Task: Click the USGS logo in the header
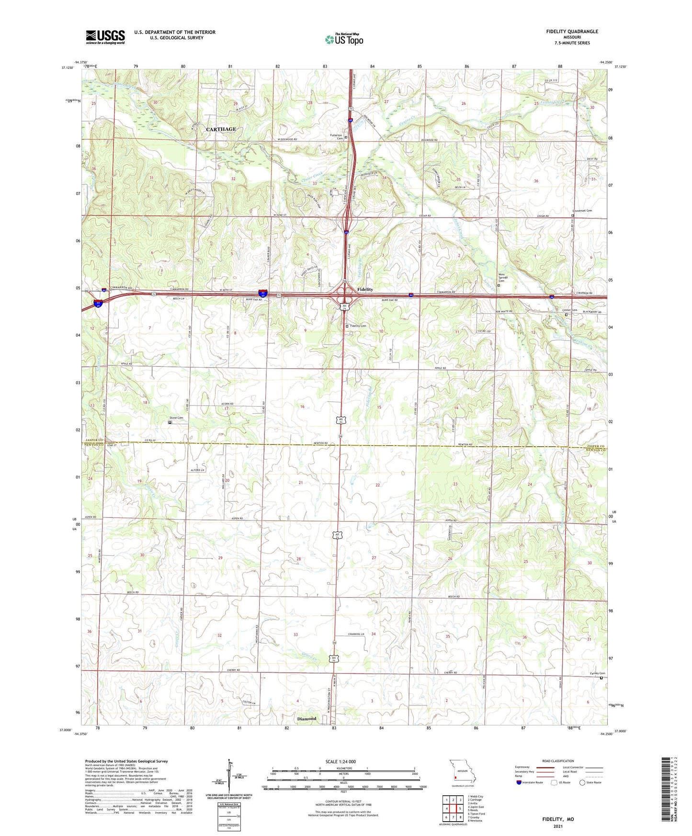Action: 105,36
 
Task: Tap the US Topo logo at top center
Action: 344,39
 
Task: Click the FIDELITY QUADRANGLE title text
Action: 572,32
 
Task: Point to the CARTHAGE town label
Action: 221,129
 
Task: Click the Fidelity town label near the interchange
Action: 365,289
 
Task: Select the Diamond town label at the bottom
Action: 306,718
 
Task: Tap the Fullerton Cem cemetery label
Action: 336,136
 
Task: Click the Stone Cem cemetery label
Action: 177,418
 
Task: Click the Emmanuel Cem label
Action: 582,211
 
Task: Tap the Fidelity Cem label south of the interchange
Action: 358,326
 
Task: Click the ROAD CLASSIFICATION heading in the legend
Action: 557,761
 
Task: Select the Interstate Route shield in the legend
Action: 520,782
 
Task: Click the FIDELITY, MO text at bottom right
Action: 557,819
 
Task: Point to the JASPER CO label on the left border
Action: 94,440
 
